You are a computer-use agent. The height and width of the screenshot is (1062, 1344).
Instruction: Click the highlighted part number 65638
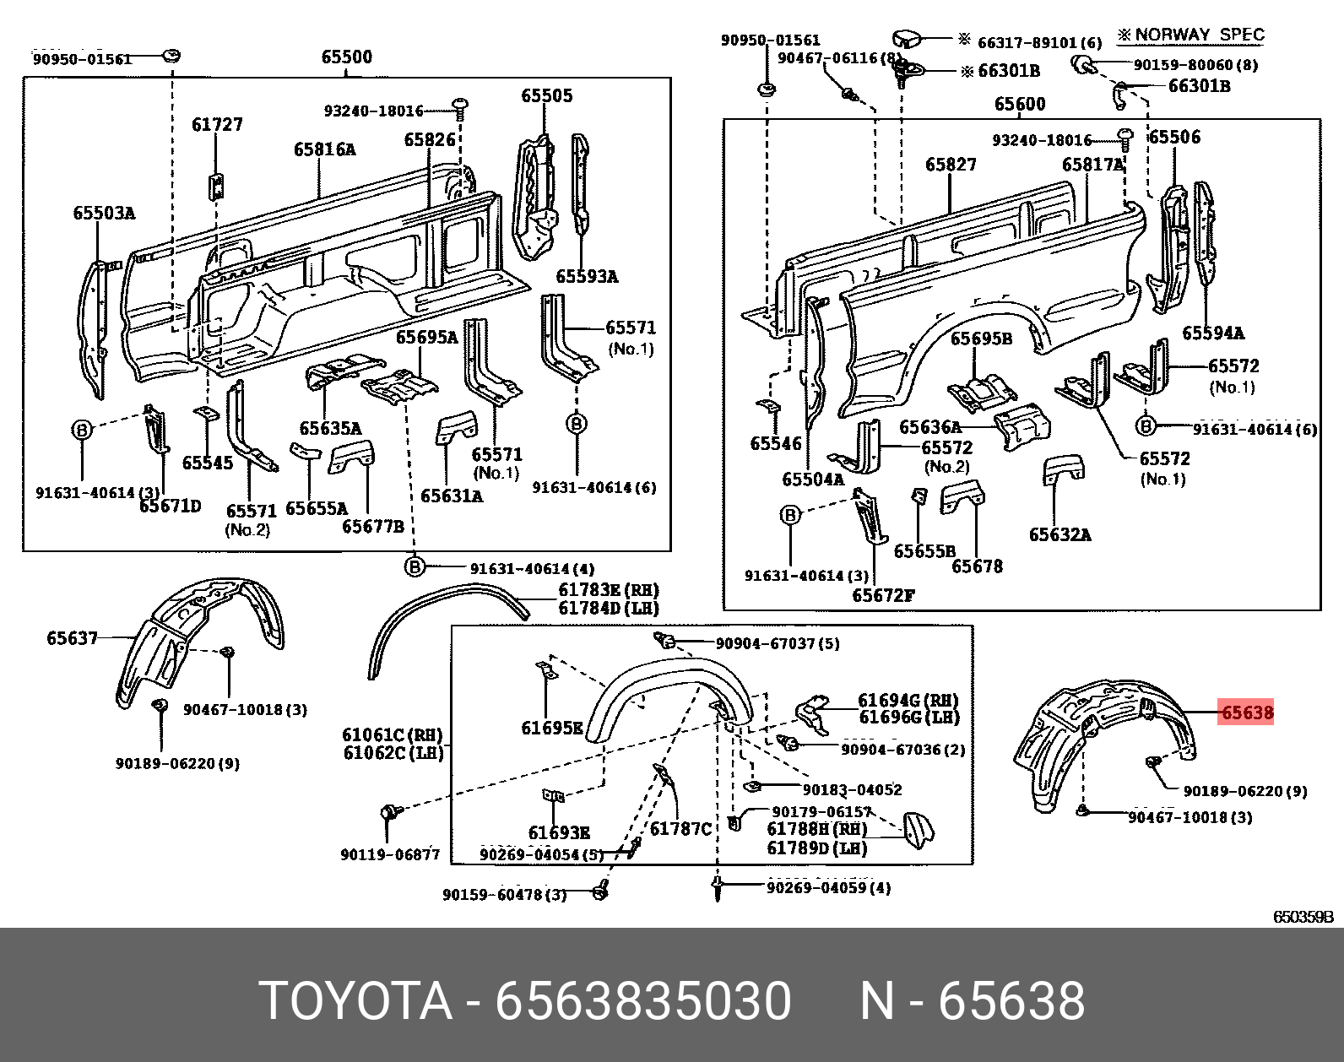(1247, 713)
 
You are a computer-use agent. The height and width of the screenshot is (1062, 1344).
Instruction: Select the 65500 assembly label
(346, 57)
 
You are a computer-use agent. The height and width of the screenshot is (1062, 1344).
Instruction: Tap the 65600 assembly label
(1020, 105)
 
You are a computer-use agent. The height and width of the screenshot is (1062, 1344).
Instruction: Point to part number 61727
(217, 125)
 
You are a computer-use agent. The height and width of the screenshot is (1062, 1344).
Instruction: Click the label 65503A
(104, 214)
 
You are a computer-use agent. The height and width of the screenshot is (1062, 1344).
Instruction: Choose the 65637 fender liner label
(72, 638)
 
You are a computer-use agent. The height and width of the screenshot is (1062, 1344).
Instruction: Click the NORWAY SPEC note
(1191, 35)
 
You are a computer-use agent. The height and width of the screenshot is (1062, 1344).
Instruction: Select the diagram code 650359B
(1303, 917)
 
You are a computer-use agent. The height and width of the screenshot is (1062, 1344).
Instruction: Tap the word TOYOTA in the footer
(355, 1001)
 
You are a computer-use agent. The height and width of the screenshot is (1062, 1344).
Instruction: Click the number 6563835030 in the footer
(643, 1001)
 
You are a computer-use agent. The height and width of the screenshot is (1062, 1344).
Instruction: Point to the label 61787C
(680, 829)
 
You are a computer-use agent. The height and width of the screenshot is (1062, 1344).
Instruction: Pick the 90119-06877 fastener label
(390, 854)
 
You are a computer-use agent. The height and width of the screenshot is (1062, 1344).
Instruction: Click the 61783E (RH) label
(608, 590)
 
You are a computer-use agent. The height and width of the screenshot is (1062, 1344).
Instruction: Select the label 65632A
(1059, 534)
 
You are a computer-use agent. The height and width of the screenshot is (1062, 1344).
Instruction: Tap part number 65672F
(883, 595)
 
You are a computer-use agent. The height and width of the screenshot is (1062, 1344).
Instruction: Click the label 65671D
(171, 506)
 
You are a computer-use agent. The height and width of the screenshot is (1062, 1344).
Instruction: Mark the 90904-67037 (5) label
(778, 643)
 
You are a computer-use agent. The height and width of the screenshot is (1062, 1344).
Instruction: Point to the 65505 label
(546, 96)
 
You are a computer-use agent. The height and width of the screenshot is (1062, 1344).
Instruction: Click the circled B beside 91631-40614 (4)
(414, 567)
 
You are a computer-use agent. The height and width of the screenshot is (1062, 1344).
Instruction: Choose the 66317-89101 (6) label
(1039, 42)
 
